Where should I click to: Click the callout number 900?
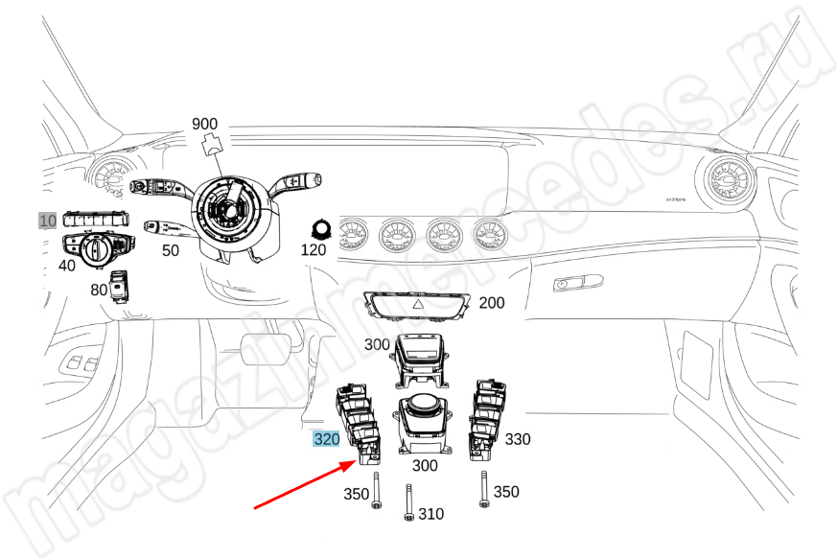pyautogui.click(x=205, y=124)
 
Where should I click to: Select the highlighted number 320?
pyautogui.click(x=327, y=440)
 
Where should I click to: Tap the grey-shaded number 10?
pyautogui.click(x=48, y=221)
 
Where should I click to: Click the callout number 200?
pyautogui.click(x=491, y=303)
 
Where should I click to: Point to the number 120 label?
pyautogui.click(x=314, y=250)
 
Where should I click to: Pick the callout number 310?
pyautogui.click(x=431, y=514)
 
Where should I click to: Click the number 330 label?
pyautogui.click(x=518, y=439)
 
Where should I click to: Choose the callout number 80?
pyautogui.click(x=99, y=289)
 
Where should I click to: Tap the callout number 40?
pyautogui.click(x=66, y=266)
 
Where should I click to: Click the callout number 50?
pyautogui.click(x=170, y=251)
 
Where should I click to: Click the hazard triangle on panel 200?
pyautogui.click(x=419, y=304)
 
